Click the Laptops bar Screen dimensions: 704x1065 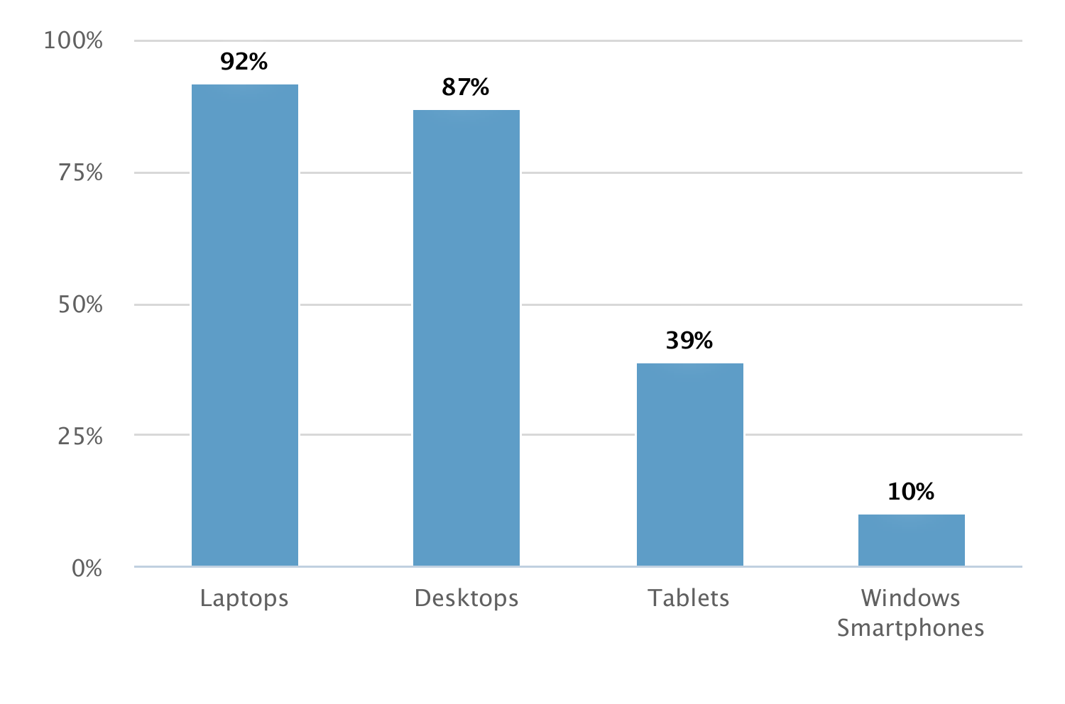(244, 325)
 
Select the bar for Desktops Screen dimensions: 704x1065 (466, 338)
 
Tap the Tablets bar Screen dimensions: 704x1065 (689, 464)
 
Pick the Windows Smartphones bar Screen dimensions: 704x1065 (911, 540)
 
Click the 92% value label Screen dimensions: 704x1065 (244, 62)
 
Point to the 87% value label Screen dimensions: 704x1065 (465, 87)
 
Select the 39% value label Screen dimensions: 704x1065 (689, 341)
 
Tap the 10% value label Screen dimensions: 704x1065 (910, 492)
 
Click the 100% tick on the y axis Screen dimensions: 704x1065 (73, 40)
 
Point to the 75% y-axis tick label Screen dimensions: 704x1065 (80, 172)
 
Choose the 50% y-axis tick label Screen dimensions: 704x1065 (80, 305)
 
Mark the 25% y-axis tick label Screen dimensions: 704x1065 (80, 436)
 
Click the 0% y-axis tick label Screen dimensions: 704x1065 (87, 568)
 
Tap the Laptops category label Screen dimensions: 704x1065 (244, 599)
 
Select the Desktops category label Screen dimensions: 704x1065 (466, 598)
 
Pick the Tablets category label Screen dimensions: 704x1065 (689, 598)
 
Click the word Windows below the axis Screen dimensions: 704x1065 (910, 598)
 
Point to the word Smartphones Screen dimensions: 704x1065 (910, 629)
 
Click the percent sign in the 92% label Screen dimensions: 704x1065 (258, 62)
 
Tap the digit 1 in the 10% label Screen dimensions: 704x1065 (894, 492)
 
